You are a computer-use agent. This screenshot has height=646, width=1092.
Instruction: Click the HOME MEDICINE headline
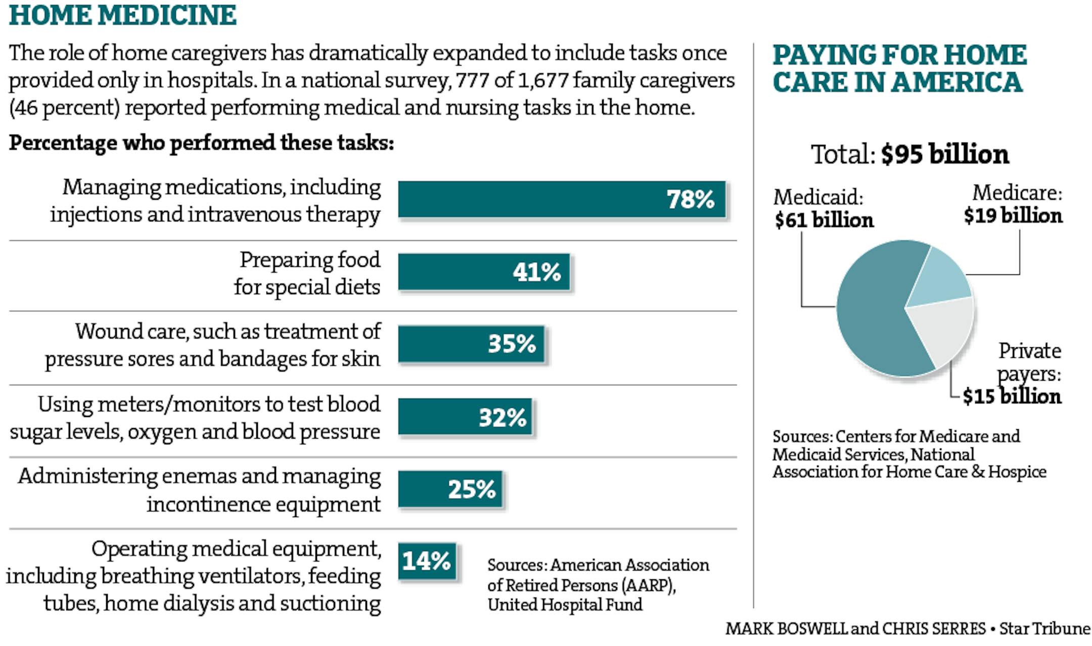pos(123,15)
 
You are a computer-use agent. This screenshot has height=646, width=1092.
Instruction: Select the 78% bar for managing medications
pos(561,199)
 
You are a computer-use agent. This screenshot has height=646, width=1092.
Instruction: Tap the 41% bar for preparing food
pos(484,272)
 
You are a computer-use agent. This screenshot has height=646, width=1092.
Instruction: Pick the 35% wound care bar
pos(471,344)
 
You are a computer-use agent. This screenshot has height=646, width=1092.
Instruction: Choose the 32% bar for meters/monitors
pos(465,417)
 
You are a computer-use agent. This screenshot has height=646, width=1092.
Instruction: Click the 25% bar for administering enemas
pos(450,489)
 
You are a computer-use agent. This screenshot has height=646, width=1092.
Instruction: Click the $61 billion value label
pos(824,220)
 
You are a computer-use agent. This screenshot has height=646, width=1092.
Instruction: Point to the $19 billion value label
pos(1013,216)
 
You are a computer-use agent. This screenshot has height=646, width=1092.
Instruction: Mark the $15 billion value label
pos(1012,396)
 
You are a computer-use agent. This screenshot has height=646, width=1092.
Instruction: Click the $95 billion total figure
pos(944,154)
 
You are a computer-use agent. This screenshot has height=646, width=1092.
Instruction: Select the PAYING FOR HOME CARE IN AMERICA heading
pos(899,69)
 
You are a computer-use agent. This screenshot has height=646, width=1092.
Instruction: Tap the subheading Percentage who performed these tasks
pos(201,143)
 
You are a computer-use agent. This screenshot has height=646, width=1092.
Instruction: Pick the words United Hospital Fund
pos(565,605)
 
